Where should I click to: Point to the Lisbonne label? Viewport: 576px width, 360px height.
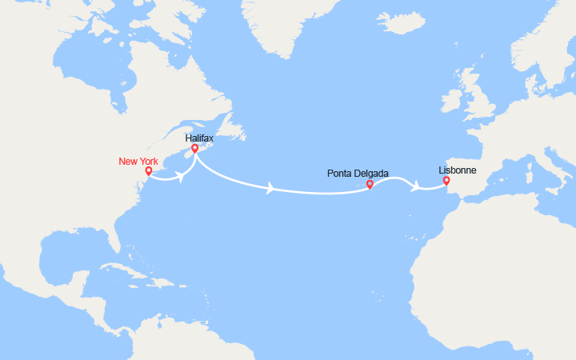point(457,170)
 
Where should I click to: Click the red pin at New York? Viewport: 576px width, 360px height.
point(149,171)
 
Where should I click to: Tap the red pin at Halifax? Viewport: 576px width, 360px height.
point(194,149)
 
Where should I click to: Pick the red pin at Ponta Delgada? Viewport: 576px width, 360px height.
point(370,185)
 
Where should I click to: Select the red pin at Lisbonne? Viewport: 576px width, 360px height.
point(446,181)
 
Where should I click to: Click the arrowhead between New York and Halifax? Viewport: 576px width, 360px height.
point(183,178)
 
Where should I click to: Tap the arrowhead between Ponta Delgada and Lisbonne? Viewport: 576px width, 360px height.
point(415,186)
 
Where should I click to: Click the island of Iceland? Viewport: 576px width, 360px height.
point(400,22)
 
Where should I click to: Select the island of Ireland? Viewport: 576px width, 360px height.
point(452,102)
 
